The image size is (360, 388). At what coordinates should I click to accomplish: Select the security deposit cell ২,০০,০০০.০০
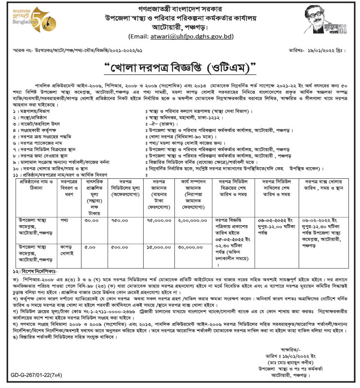(x=192, y=220)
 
